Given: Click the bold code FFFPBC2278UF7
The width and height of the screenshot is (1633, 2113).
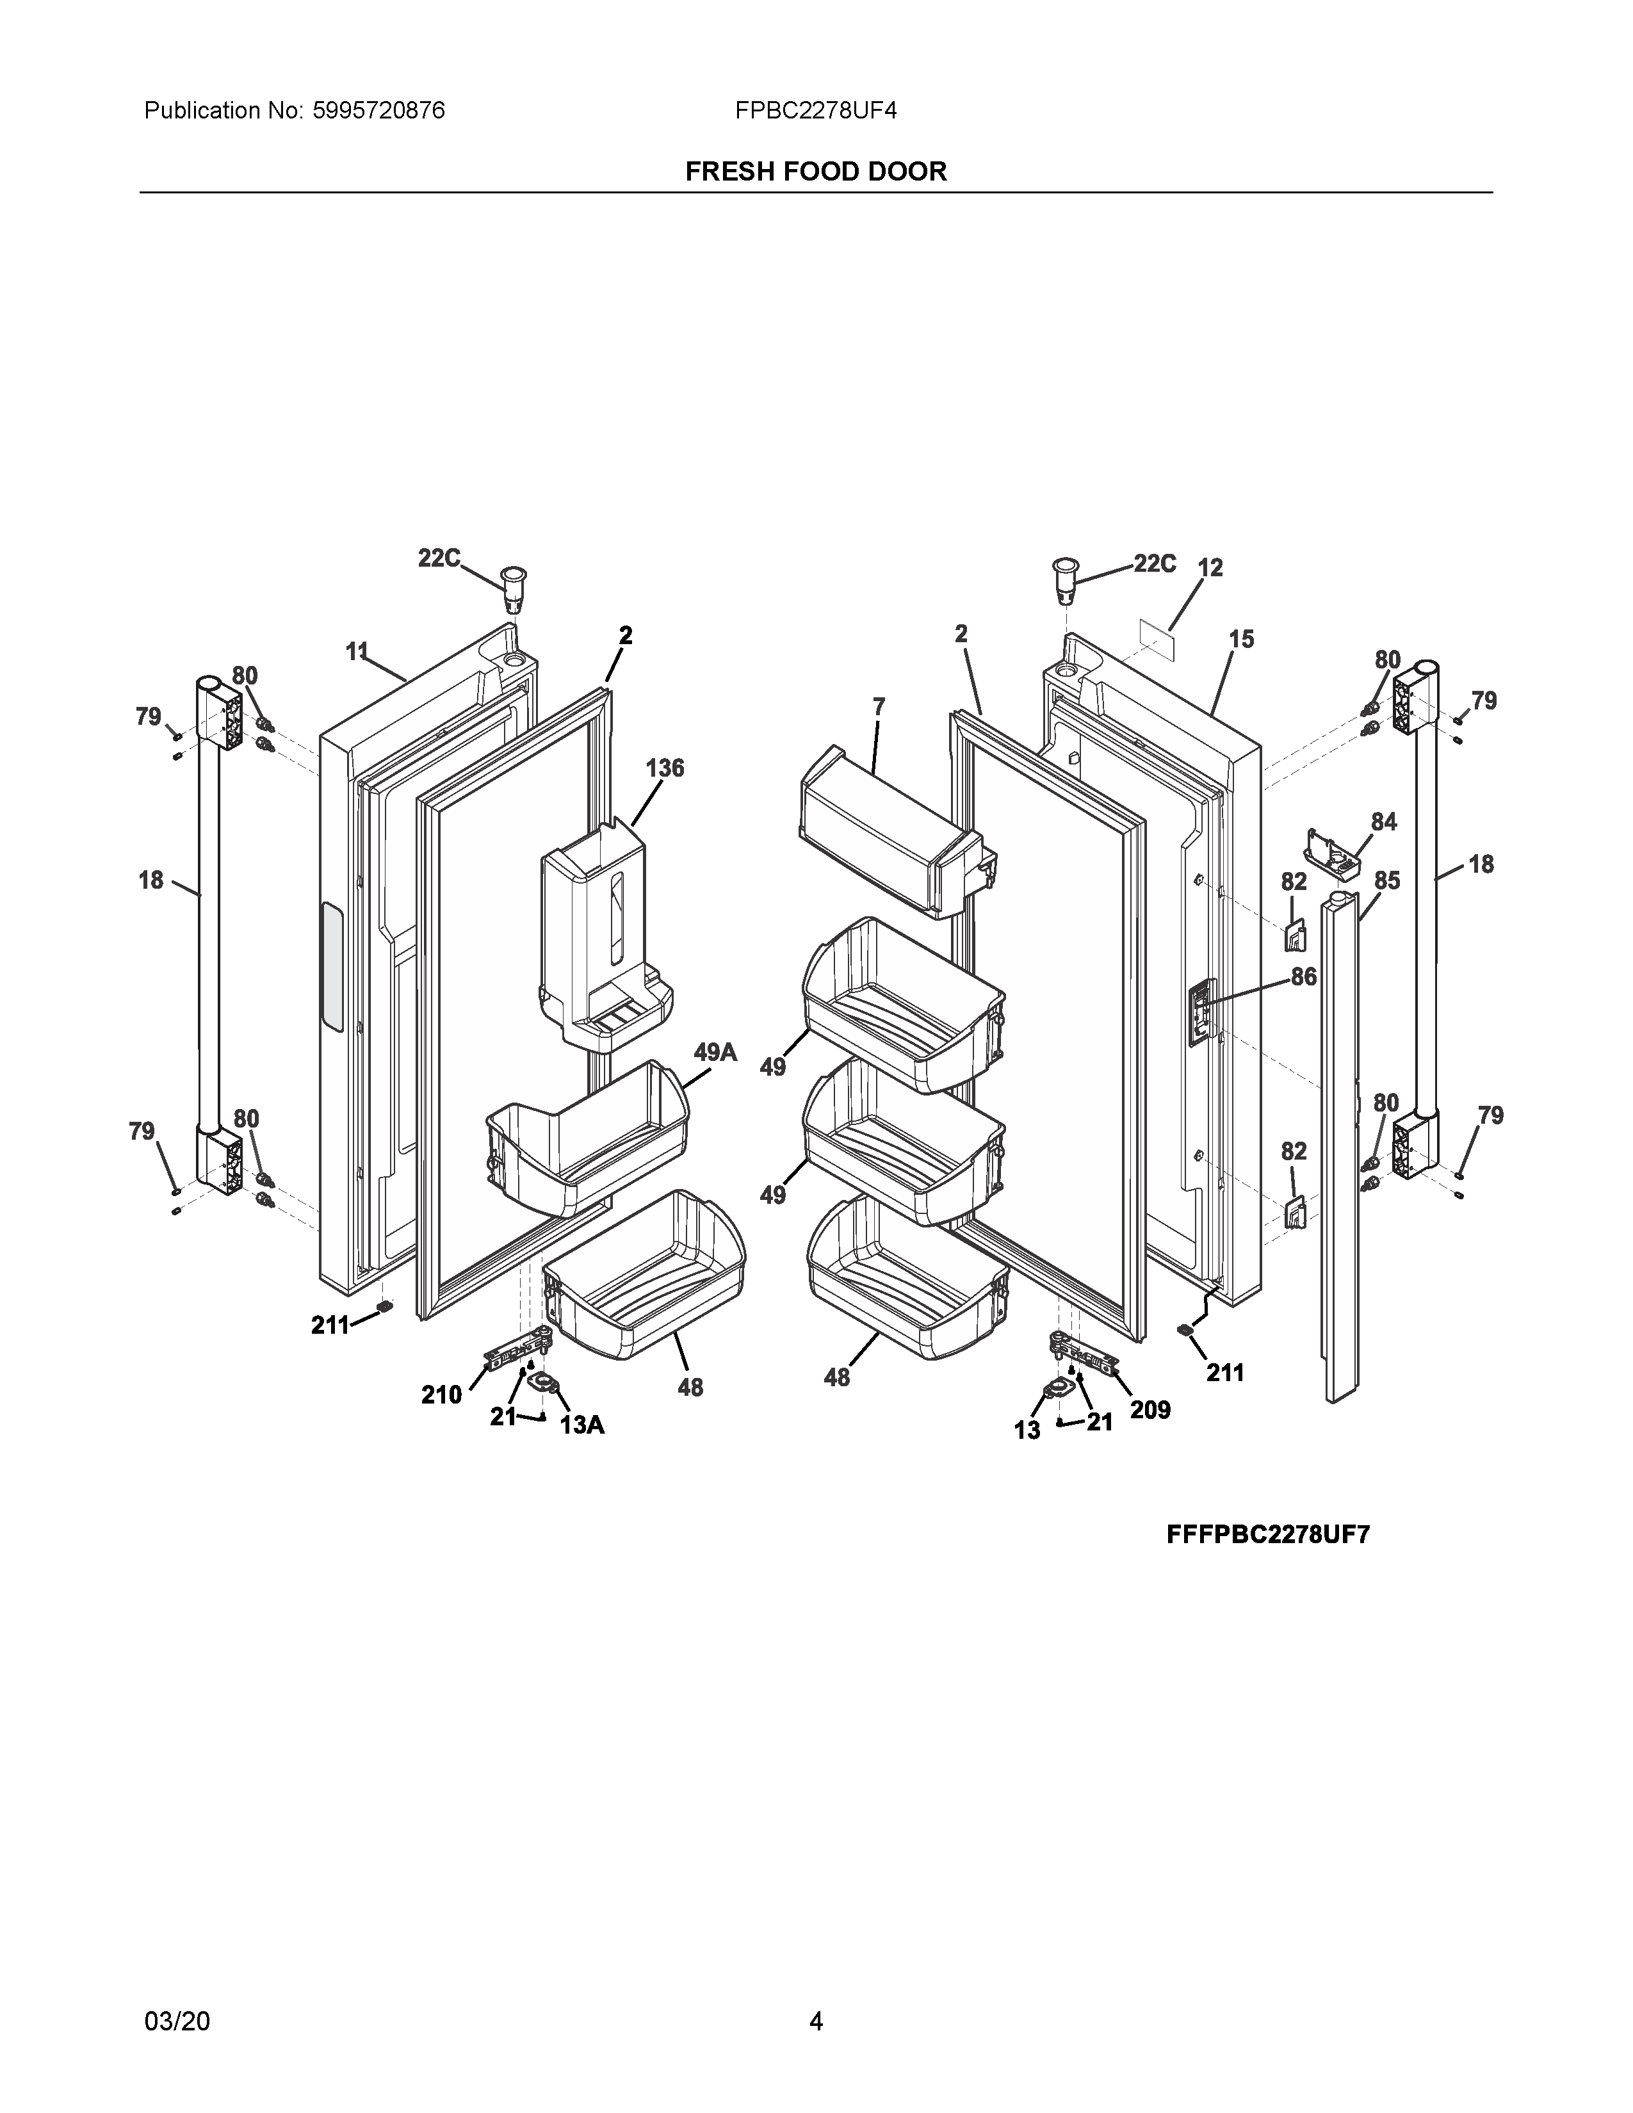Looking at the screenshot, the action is [1267, 1535].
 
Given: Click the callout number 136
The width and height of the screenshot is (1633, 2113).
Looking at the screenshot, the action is [665, 768].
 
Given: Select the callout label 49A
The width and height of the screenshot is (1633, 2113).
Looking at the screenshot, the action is [715, 1051].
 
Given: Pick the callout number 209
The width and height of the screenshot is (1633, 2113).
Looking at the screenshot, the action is [1150, 1410].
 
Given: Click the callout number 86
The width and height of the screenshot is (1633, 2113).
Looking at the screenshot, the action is [1303, 976].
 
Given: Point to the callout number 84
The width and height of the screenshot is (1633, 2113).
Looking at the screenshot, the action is [1383, 822].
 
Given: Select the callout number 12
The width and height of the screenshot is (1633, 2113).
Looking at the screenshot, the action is [1210, 568].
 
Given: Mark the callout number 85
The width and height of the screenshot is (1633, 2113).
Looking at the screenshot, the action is [1387, 880].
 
